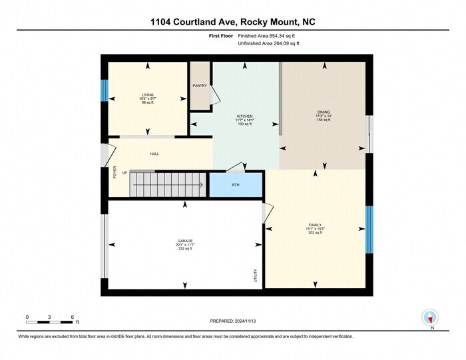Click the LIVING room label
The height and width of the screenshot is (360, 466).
point(147,95)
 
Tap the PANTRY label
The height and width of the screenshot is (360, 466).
point(200,85)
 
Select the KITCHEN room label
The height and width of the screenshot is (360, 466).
point(244,116)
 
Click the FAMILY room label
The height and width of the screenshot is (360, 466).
point(315,225)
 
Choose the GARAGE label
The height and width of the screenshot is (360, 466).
point(184,240)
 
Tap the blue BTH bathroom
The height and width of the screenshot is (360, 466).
point(236,184)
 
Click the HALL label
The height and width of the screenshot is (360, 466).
point(154,154)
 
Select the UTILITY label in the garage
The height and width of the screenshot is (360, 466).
point(255,275)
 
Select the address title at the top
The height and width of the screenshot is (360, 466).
point(233,22)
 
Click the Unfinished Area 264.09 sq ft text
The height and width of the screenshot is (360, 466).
point(268,43)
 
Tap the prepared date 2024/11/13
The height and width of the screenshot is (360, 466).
point(232,321)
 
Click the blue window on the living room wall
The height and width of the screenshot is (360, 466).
point(104,90)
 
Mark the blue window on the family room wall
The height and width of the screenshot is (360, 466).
point(369,225)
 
